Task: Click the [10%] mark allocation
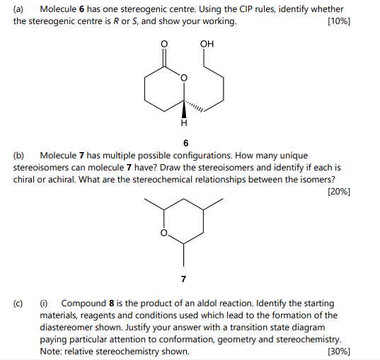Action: point(340,21)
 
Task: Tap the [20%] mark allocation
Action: point(340,191)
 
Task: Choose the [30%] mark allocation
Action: point(340,352)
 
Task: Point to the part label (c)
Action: point(19,303)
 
